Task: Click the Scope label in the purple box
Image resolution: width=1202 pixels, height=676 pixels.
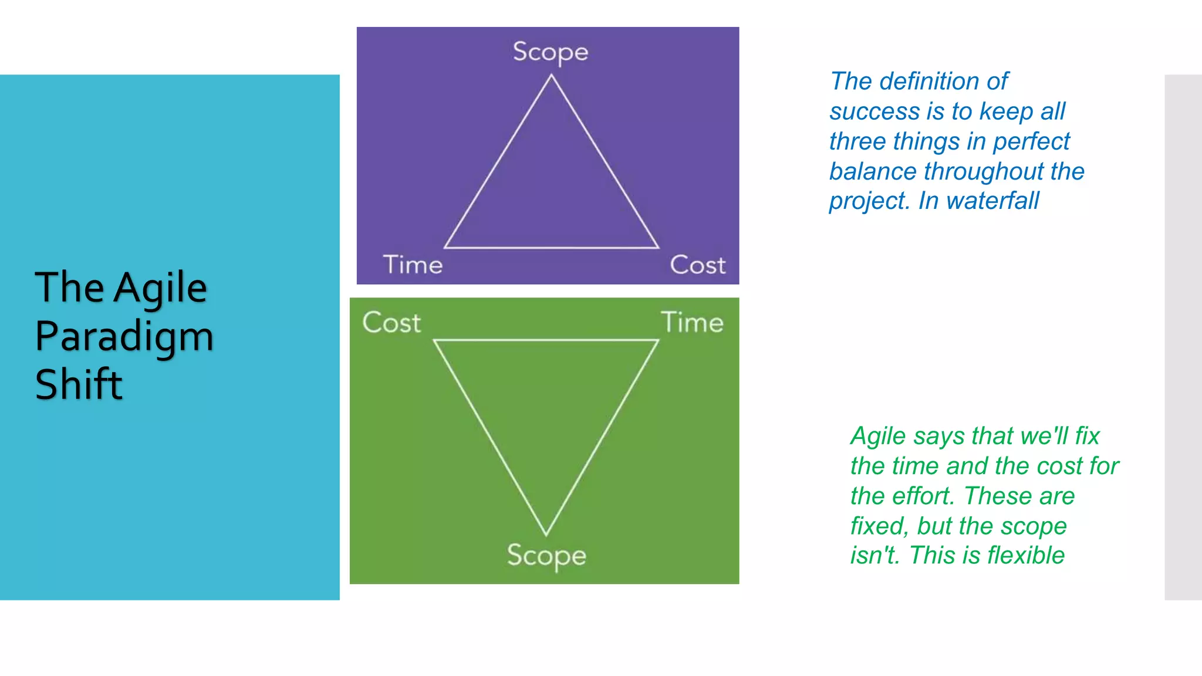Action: click(x=551, y=52)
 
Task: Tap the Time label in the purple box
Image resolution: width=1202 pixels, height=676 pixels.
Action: click(x=413, y=265)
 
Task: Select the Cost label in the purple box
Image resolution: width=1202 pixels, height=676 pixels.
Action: click(x=698, y=265)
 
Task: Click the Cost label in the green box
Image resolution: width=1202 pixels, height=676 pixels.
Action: click(x=391, y=322)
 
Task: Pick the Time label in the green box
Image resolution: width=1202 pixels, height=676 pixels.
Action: click(x=693, y=322)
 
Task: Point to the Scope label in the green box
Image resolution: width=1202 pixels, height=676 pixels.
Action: click(x=546, y=555)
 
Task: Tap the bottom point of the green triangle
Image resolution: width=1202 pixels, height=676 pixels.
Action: click(x=546, y=534)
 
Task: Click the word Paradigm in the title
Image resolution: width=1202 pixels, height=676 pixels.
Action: click(x=124, y=337)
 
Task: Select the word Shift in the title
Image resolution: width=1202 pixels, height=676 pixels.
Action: click(x=79, y=384)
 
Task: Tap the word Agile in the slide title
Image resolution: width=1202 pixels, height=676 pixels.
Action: click(x=160, y=288)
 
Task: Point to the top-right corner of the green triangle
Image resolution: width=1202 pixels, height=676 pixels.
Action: click(x=657, y=340)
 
